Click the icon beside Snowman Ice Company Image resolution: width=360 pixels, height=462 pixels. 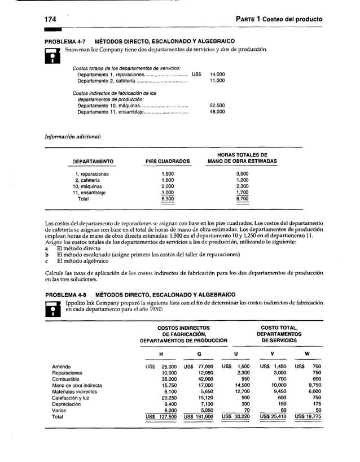52,54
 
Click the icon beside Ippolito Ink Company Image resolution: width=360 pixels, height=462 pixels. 52,307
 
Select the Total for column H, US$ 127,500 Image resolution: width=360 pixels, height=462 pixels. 161,416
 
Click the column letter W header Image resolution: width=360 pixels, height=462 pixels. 306,354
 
